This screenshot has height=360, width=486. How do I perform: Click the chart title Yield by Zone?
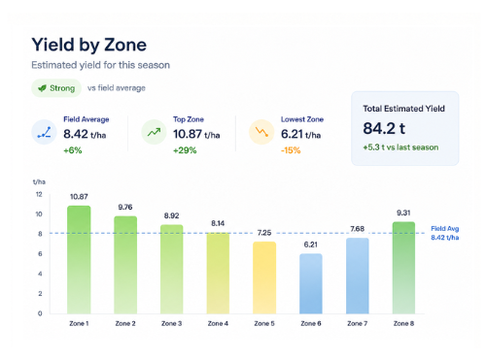coord(89,45)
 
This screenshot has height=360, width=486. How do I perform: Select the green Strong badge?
coord(56,88)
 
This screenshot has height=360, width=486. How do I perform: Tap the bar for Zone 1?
coord(79,260)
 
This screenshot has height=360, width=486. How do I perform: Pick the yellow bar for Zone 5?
coord(264,278)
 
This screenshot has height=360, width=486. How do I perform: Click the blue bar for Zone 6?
coord(311,283)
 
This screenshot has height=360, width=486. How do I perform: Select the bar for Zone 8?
coord(403,268)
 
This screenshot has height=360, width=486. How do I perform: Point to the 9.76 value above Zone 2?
coord(125,207)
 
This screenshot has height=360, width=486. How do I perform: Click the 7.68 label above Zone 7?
coord(357,229)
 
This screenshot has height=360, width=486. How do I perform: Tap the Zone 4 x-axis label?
coord(218,323)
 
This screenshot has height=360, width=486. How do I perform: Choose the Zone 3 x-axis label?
coord(171,323)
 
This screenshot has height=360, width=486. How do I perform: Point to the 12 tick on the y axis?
coord(39,194)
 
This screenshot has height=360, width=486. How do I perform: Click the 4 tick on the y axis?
coord(40,274)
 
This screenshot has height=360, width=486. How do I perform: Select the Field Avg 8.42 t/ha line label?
coord(445,233)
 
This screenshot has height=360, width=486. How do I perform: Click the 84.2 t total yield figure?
coord(384,128)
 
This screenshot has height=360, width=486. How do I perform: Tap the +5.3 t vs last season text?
coord(400,147)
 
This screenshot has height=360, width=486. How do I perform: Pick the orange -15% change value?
coord(291,150)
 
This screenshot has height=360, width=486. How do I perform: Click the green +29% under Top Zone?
coord(185,150)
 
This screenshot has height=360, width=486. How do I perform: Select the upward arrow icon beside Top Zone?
coord(154,132)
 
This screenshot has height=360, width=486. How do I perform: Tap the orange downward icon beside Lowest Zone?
coord(261,132)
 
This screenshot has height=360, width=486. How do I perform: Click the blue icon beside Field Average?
coord(44,132)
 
